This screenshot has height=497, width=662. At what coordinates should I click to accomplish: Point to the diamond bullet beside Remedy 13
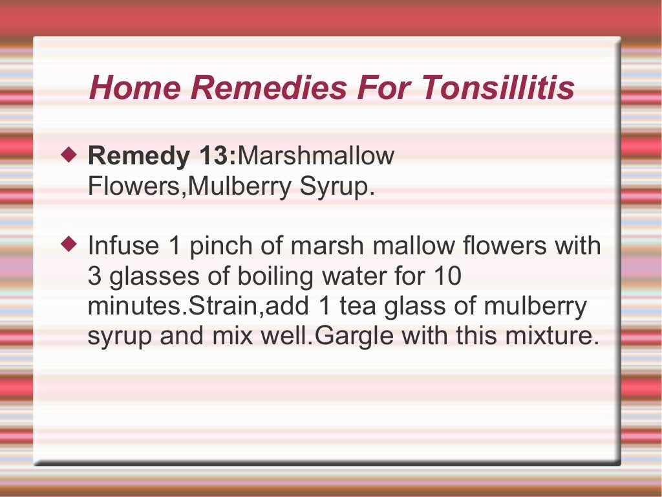click(69, 155)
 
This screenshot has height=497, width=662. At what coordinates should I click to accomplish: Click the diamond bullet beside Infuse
click(69, 245)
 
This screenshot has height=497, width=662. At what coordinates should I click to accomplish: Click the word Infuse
click(123, 246)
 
